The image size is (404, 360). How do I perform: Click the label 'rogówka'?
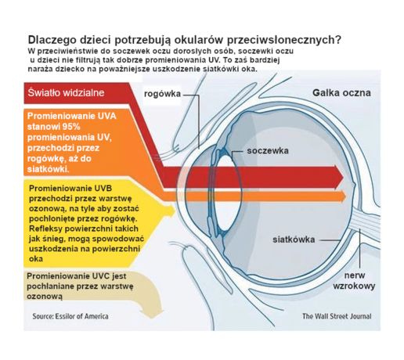tap(162, 94)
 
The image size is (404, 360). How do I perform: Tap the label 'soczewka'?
tap(268, 151)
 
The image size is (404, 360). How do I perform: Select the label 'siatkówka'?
tap(294, 239)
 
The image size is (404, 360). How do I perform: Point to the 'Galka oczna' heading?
tap(341, 93)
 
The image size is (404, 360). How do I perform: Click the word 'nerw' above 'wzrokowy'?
tap(355, 275)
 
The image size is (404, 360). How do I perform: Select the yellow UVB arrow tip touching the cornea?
tap(171, 211)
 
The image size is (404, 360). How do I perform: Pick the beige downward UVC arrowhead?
tap(152, 312)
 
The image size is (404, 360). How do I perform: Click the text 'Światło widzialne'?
tap(66, 92)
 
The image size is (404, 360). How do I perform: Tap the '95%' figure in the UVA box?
tap(71, 127)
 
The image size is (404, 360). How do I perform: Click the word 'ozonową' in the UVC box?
tap(45, 297)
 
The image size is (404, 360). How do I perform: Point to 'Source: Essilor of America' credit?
tap(70, 316)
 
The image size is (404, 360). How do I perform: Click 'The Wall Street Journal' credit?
tap(337, 316)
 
